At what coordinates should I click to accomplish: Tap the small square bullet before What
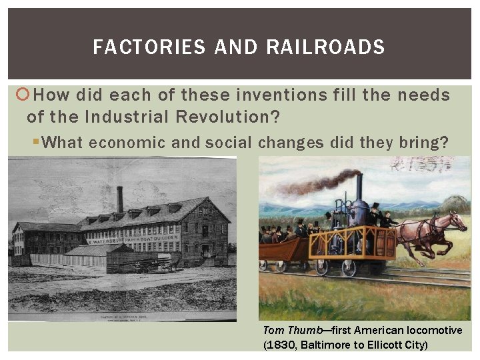tap(43, 143)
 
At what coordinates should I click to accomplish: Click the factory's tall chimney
tap(120, 199)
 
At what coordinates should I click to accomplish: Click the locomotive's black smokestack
tap(359, 188)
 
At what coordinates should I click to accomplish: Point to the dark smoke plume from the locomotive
tap(313, 181)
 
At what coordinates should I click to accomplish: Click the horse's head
tap(457, 221)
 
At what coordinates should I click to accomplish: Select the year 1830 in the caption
tap(281, 345)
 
